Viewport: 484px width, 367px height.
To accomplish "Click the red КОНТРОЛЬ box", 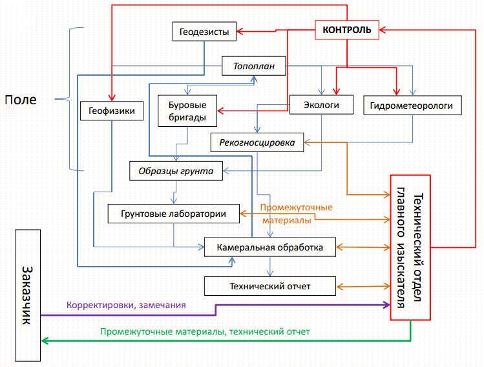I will tap(347, 30).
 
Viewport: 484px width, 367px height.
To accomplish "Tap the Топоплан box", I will tap(253, 66).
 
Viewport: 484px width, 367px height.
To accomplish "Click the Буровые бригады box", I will tap(187, 110).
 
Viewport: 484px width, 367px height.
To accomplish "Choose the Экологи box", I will tap(322, 104).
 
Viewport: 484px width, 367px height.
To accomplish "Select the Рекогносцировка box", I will tap(257, 142).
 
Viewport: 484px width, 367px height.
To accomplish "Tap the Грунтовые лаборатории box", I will tap(173, 214).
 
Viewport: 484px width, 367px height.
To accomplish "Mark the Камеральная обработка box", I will tap(270, 247).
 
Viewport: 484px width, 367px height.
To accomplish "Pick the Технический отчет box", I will tap(270, 285).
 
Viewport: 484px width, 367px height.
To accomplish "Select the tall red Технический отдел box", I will tap(410, 247).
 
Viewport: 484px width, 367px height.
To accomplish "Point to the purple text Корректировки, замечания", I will tap(126, 305).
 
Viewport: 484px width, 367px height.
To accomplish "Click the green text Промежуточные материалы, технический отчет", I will tap(205, 331).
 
